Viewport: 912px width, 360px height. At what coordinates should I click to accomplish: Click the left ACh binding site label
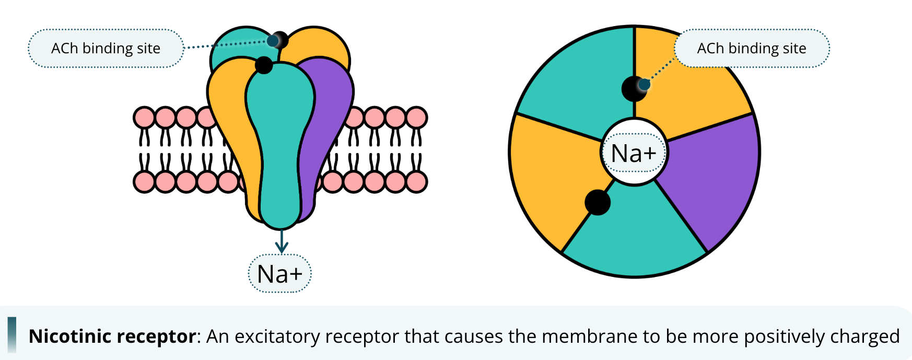[106, 49]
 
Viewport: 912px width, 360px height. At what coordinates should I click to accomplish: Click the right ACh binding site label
[751, 49]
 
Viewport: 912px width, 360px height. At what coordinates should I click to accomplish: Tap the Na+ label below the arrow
[279, 274]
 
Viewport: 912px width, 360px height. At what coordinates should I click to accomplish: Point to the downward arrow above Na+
[282, 242]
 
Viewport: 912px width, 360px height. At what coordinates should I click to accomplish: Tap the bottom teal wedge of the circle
[635, 235]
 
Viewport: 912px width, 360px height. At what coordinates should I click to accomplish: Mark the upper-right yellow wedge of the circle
[695, 104]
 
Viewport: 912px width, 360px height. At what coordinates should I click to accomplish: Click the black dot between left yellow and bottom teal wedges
[598, 203]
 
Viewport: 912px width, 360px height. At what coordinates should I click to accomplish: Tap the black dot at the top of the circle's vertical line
[634, 89]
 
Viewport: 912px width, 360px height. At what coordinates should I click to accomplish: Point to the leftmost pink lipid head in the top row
[144, 118]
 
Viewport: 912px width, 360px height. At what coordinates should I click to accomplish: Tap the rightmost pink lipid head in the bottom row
[416, 182]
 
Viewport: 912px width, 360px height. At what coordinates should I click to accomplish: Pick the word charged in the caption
[873, 336]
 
